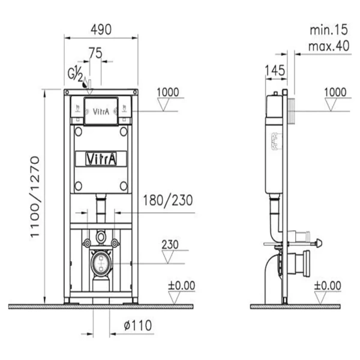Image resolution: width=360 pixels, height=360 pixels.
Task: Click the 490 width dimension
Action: [x=101, y=29]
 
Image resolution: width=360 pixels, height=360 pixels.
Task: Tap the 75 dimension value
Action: [x=95, y=53]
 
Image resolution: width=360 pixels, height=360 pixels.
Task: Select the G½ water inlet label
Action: [x=75, y=73]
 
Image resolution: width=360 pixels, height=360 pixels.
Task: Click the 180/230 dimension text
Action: [x=168, y=200]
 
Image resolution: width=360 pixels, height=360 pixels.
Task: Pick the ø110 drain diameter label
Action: [x=138, y=325]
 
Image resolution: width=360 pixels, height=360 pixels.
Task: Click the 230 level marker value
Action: [x=170, y=245]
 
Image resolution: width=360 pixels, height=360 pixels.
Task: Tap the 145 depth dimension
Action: [x=275, y=70]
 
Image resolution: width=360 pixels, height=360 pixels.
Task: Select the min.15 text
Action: [x=329, y=30]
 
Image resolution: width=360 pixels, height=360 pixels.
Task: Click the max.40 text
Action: [x=329, y=46]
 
